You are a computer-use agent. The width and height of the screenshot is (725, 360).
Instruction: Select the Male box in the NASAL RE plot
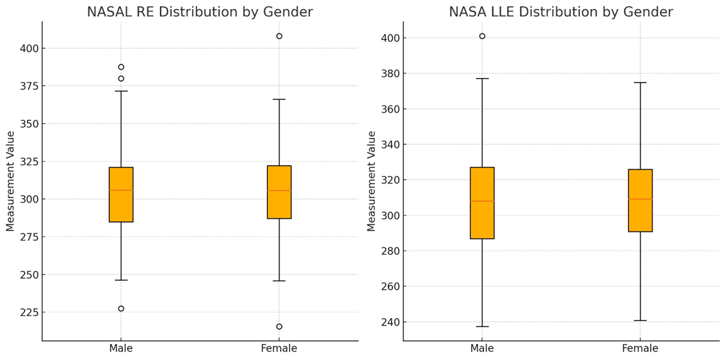click(121, 194)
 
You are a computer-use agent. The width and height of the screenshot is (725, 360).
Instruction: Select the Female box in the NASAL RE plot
click(279, 192)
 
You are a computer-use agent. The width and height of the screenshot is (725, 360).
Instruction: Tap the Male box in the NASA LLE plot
click(482, 203)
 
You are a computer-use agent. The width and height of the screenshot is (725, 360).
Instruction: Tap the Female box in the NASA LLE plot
click(640, 200)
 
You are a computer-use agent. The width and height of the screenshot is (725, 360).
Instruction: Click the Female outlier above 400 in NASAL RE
click(279, 36)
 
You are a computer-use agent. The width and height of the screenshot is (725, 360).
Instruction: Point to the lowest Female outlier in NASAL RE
click(279, 327)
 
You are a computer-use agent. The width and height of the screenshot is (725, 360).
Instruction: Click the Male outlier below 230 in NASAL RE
click(121, 308)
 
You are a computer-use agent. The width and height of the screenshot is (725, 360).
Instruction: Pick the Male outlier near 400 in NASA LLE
click(482, 36)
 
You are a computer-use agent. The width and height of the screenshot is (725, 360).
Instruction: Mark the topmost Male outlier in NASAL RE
click(121, 67)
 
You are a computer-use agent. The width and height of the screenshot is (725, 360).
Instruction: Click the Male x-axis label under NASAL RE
click(121, 348)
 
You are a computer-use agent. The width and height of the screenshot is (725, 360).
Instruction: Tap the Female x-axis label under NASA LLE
click(640, 348)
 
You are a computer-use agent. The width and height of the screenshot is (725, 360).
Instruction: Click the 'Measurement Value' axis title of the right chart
click(372, 181)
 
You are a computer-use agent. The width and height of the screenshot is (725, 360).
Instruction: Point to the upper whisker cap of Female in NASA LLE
click(640, 82)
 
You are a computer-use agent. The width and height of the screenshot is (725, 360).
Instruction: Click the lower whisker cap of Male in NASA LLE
click(482, 327)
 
